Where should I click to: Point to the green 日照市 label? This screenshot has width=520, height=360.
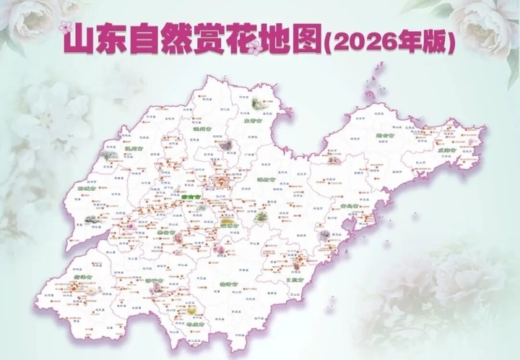294,278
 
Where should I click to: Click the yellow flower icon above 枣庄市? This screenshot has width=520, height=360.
192,311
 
